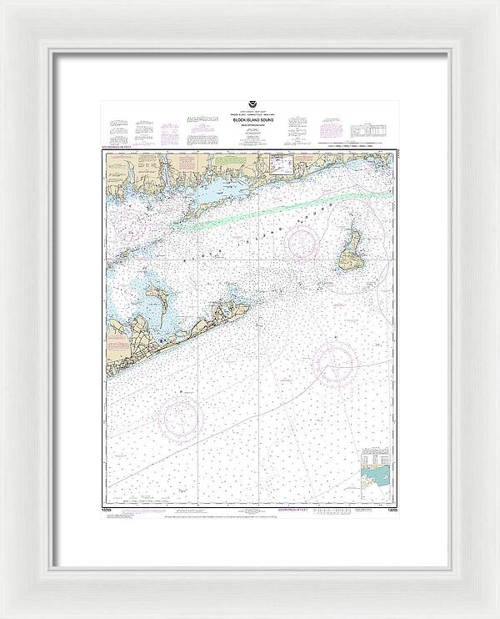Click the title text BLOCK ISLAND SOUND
pyautogui.click(x=250, y=122)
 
